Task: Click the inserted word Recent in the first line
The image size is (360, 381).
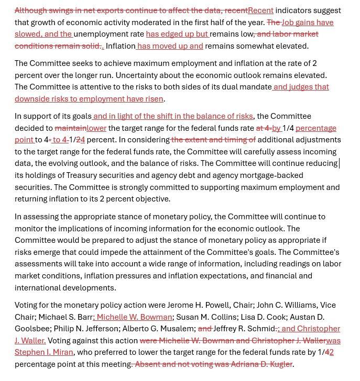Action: pyautogui.click(x=260, y=10)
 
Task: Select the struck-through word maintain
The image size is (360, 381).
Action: pyautogui.click(x=70, y=128)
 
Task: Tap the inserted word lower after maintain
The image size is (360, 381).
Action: pyautogui.click(x=96, y=128)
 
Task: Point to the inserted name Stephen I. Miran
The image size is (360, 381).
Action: pyautogui.click(x=44, y=352)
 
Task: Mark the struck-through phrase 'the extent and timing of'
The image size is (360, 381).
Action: pyautogui.click(x=213, y=140)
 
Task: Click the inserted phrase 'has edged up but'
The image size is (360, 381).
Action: pyautogui.click(x=177, y=34)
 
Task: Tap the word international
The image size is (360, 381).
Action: pyautogui.click(x=39, y=288)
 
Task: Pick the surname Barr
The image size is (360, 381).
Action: pyautogui.click(x=84, y=317)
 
